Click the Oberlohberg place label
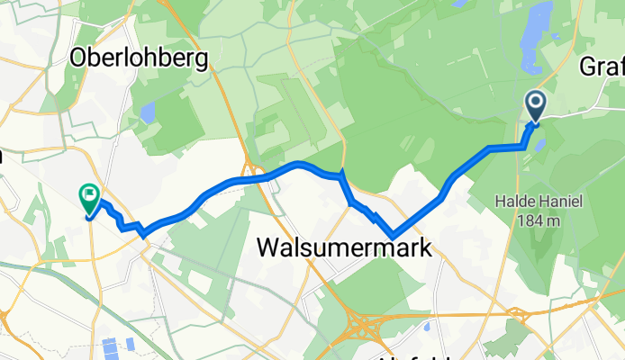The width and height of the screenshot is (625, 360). [x=139, y=59]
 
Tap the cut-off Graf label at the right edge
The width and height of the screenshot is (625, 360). [x=602, y=66]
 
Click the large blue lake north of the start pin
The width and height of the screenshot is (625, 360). [x=542, y=19]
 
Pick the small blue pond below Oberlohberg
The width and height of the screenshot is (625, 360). [x=146, y=114]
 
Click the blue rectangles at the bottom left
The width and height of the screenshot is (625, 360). [x=119, y=346]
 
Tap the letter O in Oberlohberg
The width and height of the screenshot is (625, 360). [x=79, y=59]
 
